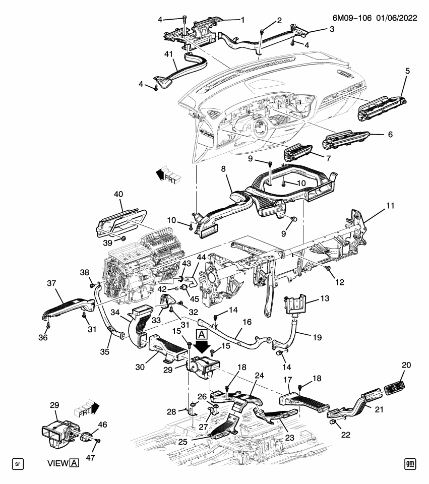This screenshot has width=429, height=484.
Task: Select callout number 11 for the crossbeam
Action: click(x=390, y=206)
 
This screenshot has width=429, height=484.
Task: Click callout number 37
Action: click(x=52, y=284)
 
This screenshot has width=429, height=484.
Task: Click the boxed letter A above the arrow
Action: click(x=201, y=334)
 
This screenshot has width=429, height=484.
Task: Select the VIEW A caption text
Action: click(x=63, y=463)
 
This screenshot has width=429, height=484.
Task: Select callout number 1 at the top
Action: click(x=242, y=20)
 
